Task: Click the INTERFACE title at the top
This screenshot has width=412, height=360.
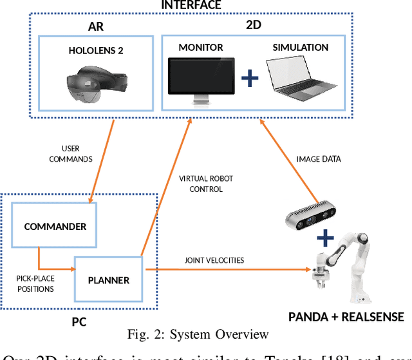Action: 191,5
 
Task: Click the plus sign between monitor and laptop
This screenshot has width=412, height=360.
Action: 250,79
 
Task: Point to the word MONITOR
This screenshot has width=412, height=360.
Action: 200,48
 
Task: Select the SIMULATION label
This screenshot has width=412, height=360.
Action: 300,48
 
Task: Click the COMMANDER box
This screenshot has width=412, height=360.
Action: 55,227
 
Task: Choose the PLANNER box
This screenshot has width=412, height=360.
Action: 109,280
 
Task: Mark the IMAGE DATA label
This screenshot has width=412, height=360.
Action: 319,159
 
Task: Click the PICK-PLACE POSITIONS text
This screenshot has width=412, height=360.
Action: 36,284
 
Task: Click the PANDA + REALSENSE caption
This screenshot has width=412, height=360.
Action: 346,317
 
